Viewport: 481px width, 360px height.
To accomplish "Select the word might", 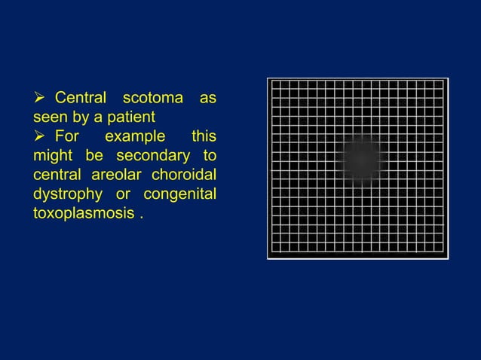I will click(x=50, y=156).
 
